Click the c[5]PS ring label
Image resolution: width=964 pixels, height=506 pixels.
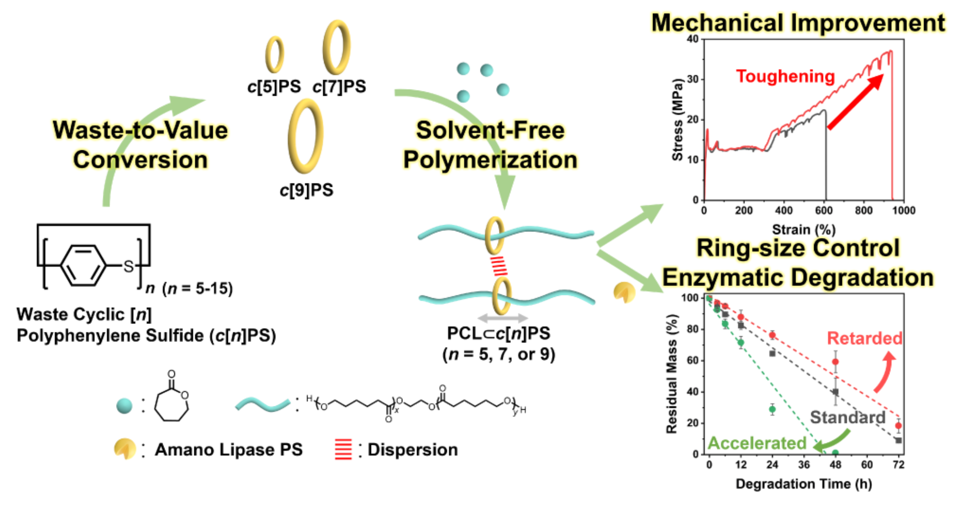(x=274, y=87)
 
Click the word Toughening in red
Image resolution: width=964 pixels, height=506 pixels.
(x=786, y=76)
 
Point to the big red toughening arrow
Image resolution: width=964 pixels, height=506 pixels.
(x=855, y=102)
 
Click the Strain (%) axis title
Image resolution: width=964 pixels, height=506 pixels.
(x=804, y=229)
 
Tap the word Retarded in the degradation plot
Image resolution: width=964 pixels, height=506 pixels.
(x=865, y=338)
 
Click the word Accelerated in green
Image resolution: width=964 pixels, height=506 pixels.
(x=757, y=443)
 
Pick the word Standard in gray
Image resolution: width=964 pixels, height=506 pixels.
(x=848, y=417)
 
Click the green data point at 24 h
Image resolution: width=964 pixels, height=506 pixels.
(x=772, y=409)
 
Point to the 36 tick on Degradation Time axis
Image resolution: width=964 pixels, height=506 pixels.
(x=804, y=465)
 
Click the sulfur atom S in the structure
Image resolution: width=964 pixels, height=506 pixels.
(x=128, y=267)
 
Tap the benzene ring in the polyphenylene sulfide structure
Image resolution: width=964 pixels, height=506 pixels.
(x=83, y=266)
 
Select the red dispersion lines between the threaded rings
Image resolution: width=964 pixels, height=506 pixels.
(x=499, y=266)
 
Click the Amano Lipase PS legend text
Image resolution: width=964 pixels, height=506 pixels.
(x=229, y=449)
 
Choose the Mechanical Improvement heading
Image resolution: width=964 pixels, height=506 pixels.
(x=798, y=23)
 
